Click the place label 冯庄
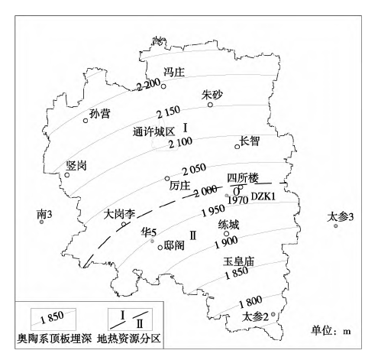point(176,73)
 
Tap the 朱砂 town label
point(213,95)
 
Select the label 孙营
point(99,114)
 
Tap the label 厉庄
point(179,184)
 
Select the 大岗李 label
point(119,215)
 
